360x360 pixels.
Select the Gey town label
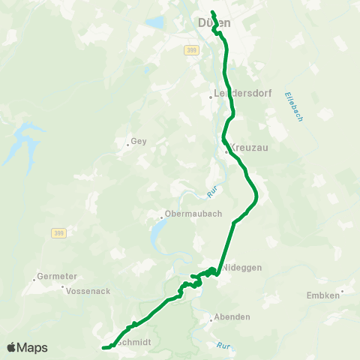pos(138,140)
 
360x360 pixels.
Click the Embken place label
pos(323,295)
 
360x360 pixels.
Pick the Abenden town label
pos(232,317)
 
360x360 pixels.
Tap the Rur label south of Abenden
pos(222,346)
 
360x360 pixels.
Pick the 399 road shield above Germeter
pos(58,233)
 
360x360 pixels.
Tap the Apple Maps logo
pos(27,347)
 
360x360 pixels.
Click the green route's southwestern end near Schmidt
pos(103,347)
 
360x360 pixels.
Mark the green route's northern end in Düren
pos(213,12)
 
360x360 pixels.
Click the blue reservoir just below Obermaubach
pos(154,238)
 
